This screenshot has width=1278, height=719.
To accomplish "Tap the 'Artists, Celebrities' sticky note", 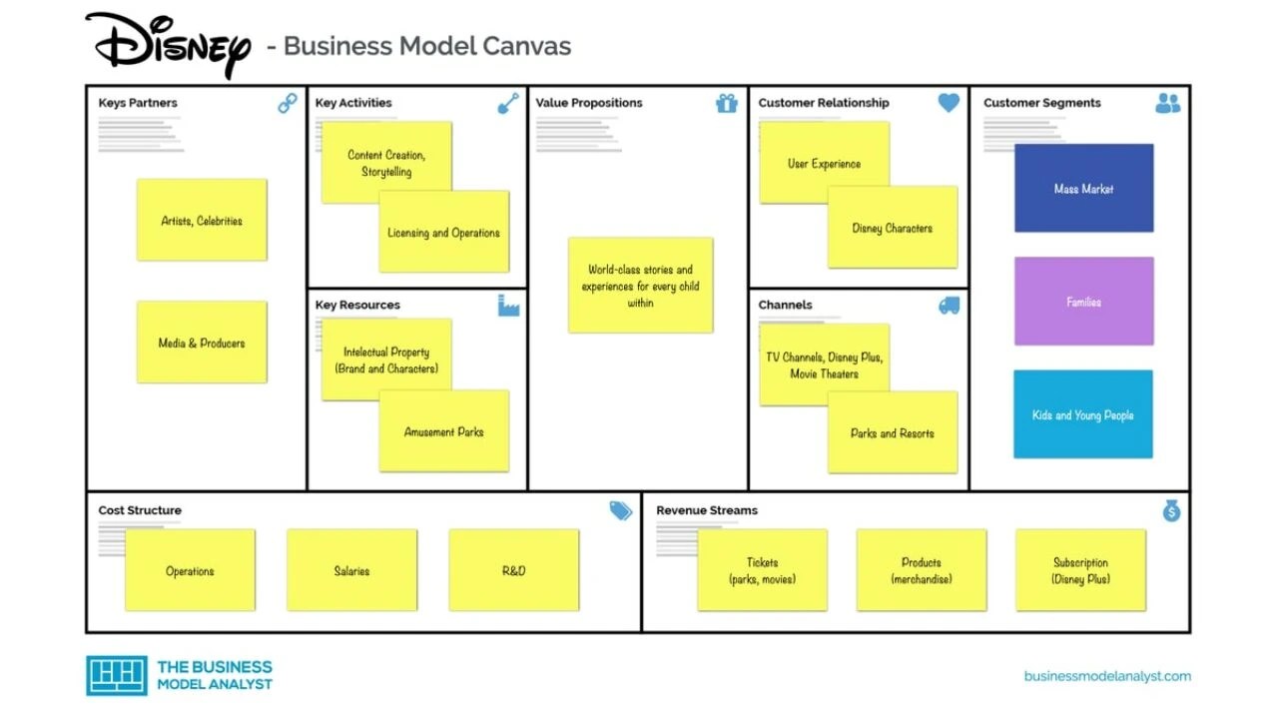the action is pos(202,221).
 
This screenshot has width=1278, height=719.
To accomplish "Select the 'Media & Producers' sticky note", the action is pos(202,343).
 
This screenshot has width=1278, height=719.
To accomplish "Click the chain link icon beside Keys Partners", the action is pos(288,103).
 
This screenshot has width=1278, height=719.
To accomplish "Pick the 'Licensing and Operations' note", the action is pos(444,233).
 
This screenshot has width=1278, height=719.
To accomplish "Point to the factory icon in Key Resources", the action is pos(509,306).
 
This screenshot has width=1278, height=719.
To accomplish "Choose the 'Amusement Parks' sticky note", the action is pos(444,432).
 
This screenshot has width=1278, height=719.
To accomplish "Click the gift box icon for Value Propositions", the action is pos(727,103).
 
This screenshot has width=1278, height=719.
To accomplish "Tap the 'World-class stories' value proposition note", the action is pos(641,286).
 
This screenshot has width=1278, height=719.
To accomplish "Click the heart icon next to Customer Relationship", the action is pos(949,103).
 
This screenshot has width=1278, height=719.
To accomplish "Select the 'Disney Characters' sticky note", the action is pos(893,228).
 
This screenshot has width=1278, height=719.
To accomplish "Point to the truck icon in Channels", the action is pos(949,306).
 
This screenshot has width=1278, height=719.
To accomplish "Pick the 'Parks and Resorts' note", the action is pos(893,433).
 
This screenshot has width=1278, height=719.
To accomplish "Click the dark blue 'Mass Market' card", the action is pos(1083,189).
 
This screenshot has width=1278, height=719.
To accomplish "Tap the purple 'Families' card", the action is pos(1083,302).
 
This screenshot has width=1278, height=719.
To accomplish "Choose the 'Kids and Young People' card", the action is pos(1083,415).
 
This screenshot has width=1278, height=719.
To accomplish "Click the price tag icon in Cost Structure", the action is pos(621,511).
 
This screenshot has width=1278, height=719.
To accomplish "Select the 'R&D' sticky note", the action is pos(514,570).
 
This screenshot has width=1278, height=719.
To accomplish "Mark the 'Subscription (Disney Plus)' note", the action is pos(1081,570).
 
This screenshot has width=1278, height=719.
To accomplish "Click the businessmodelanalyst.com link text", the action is pos(1107,676).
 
